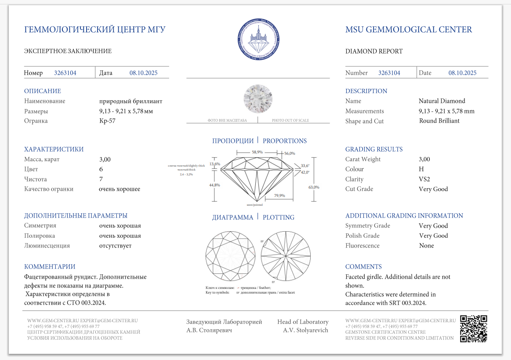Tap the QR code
[x=473, y=328]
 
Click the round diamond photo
[x=258, y=99]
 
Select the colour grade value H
[x=421, y=169]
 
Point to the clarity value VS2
[x=424, y=179]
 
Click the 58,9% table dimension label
[x=257, y=152]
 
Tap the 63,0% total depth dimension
[x=314, y=187]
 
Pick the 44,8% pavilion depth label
[x=214, y=185]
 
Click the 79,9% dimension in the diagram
[x=279, y=196]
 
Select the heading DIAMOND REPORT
[x=374, y=51]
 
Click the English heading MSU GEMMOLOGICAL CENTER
[x=409, y=30]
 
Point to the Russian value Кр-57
[x=107, y=121]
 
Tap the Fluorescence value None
[x=426, y=246]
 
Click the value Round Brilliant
[x=439, y=121]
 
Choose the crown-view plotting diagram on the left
[x=231, y=256]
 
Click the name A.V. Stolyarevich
[x=305, y=330]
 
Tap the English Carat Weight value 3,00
[x=424, y=160]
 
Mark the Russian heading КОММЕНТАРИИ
[x=50, y=267]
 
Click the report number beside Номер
[x=65, y=73]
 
